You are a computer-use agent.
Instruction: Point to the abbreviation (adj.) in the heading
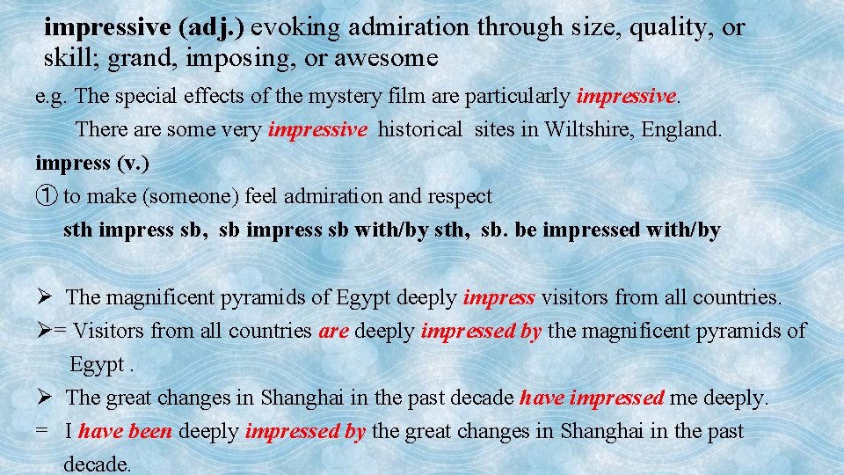point(212,27)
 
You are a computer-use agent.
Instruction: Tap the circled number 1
point(45,196)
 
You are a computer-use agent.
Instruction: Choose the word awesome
point(395,59)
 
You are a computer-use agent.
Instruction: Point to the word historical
point(420,130)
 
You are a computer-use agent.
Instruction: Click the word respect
point(460,196)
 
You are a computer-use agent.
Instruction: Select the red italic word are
point(333,331)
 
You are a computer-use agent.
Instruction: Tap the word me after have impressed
point(682,398)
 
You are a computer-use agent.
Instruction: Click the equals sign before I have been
point(40,432)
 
